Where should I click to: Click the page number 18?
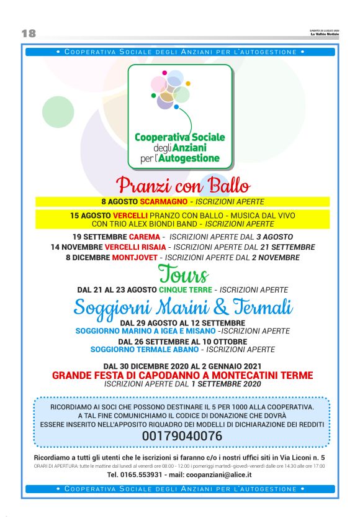click(x=29, y=33)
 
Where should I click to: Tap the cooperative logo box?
click(x=180, y=117)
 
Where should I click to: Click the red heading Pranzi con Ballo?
click(x=183, y=186)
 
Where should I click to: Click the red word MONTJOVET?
click(x=134, y=257)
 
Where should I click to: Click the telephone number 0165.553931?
click(x=133, y=475)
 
